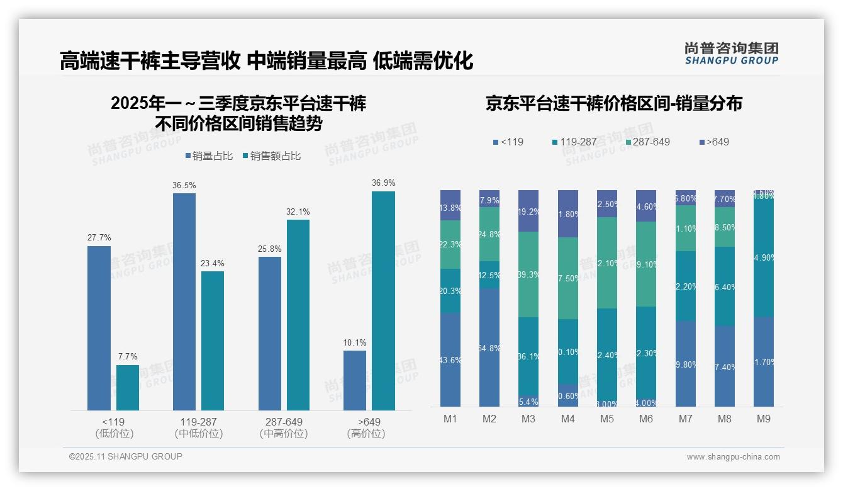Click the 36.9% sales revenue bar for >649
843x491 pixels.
(383, 301)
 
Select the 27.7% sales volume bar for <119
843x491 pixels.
(99, 328)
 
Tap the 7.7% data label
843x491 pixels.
(128, 356)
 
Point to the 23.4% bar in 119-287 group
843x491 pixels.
(213, 341)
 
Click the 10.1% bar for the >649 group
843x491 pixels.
(355, 380)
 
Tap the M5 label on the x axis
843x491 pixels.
(607, 419)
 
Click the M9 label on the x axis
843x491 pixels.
(763, 419)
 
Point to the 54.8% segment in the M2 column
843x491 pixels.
(489, 347)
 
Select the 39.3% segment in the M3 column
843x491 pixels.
(528, 274)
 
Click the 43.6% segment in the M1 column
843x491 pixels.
(450, 360)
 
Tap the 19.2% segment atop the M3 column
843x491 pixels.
(528, 211)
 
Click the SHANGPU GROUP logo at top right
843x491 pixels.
(731, 54)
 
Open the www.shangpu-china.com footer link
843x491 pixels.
(733, 457)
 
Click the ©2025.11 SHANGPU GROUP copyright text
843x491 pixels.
(126, 456)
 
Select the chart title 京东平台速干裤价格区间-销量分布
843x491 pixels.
(613, 103)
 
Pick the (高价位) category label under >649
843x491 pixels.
(366, 434)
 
